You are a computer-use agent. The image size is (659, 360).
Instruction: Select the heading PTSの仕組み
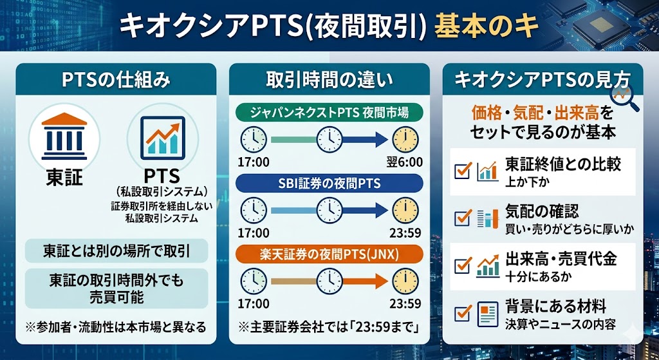(x=116, y=81)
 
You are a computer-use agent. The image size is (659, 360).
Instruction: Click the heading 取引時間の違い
(x=329, y=81)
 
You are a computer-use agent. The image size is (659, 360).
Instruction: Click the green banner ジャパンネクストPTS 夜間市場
(x=329, y=113)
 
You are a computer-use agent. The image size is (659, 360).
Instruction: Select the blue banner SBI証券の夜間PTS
(x=329, y=184)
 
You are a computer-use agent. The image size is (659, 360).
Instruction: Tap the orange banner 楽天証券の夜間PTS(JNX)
(x=329, y=254)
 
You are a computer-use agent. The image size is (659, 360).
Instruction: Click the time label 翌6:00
(x=407, y=162)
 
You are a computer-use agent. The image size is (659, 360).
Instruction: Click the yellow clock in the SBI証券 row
(x=406, y=210)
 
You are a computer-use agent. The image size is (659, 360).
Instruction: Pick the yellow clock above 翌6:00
(x=406, y=139)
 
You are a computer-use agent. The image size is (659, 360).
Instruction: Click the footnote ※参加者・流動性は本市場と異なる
(x=116, y=327)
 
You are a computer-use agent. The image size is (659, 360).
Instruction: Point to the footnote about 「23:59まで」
(x=329, y=327)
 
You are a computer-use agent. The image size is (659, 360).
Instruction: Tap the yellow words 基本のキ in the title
(x=487, y=28)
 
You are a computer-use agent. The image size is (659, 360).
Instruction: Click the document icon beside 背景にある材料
(x=488, y=314)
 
